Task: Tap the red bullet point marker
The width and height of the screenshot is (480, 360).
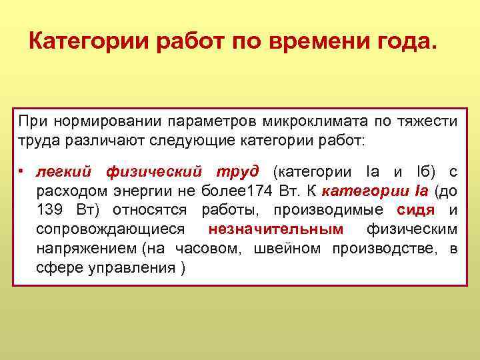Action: (x=21, y=172)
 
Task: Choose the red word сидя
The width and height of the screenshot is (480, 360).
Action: (x=415, y=211)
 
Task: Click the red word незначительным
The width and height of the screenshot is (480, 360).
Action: (x=276, y=230)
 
